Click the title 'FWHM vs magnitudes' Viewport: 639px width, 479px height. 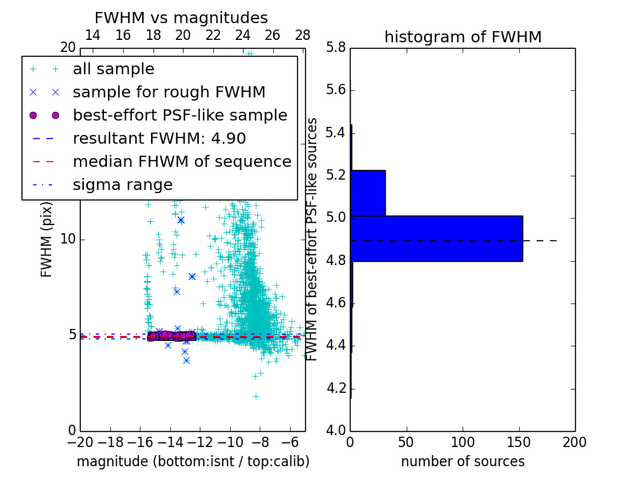click(x=181, y=18)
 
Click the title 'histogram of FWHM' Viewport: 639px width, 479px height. click(x=462, y=37)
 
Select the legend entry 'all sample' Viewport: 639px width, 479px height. click(x=113, y=69)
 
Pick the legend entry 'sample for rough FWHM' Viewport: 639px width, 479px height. click(x=169, y=92)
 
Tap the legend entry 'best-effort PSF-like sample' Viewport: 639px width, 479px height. click(x=180, y=115)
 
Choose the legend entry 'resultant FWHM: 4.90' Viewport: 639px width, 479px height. click(x=159, y=138)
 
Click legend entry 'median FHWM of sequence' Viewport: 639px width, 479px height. click(x=181, y=161)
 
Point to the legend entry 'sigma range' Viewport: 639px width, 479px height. click(x=122, y=184)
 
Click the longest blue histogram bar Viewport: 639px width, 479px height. click(x=436, y=238)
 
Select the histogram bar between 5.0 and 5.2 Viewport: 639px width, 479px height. click(x=367, y=192)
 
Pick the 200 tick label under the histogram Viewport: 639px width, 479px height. click(x=574, y=441)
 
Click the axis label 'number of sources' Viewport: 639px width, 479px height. click(x=462, y=461)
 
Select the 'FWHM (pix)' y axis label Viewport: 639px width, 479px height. click(x=47, y=237)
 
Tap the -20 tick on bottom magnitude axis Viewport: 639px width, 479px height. click(x=80, y=441)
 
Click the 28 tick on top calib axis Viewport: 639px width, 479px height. click(x=303, y=35)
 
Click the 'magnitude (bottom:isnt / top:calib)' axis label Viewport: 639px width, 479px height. click(x=192, y=461)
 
